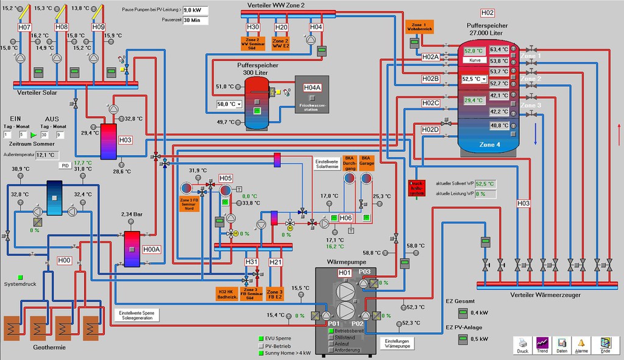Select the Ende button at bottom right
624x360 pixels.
point(605,345)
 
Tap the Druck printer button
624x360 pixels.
point(522,345)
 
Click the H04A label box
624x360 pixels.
point(312,87)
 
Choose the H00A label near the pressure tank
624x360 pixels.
point(151,249)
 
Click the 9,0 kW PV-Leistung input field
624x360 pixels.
point(196,10)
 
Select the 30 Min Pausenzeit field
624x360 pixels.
point(196,20)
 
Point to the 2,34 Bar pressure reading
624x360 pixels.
point(132,214)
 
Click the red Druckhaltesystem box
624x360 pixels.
point(416,187)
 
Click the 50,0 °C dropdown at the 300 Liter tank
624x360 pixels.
point(230,104)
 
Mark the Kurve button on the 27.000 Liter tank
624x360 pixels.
point(475,61)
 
